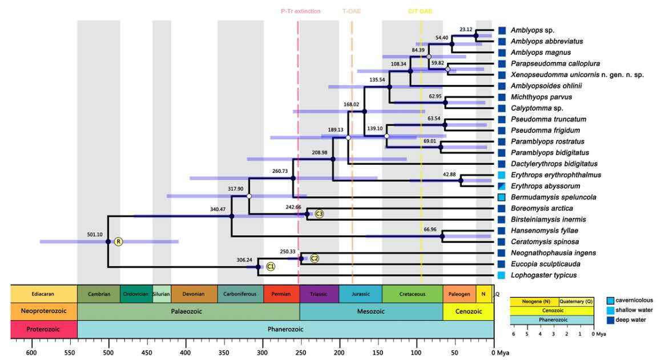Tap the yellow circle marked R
[x=118, y=242]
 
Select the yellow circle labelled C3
[x=319, y=214]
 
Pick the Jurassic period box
[x=360, y=294]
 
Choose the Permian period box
[x=281, y=294]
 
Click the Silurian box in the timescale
[x=162, y=294]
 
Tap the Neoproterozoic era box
[x=44, y=312]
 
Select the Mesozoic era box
[x=371, y=312]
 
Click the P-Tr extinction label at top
[x=301, y=11]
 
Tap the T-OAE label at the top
[x=352, y=11]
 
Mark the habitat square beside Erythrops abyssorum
[x=502, y=186]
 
